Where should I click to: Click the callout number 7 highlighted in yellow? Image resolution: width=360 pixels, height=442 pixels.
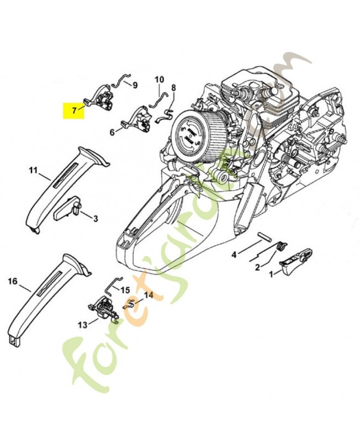[74, 110]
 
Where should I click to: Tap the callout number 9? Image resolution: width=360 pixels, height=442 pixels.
[134, 85]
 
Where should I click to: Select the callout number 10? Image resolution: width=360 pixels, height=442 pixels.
[159, 79]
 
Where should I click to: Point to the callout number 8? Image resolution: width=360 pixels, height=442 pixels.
[173, 88]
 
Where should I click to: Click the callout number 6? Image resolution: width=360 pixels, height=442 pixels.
[112, 132]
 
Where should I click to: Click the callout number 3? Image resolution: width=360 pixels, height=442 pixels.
[95, 219]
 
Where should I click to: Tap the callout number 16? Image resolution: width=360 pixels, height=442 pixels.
[12, 281]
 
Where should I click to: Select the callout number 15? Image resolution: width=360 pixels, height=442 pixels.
[125, 290]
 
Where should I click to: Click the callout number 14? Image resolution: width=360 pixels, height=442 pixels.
[148, 296]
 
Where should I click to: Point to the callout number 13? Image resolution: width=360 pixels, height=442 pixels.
[82, 325]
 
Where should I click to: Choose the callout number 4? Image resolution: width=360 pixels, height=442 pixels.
[234, 254]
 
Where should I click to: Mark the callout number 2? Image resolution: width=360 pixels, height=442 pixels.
[257, 268]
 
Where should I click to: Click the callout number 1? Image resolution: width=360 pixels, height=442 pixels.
[271, 273]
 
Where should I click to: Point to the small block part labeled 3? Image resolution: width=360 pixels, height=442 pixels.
[67, 208]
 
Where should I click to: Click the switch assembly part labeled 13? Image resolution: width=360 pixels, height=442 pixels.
[103, 308]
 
